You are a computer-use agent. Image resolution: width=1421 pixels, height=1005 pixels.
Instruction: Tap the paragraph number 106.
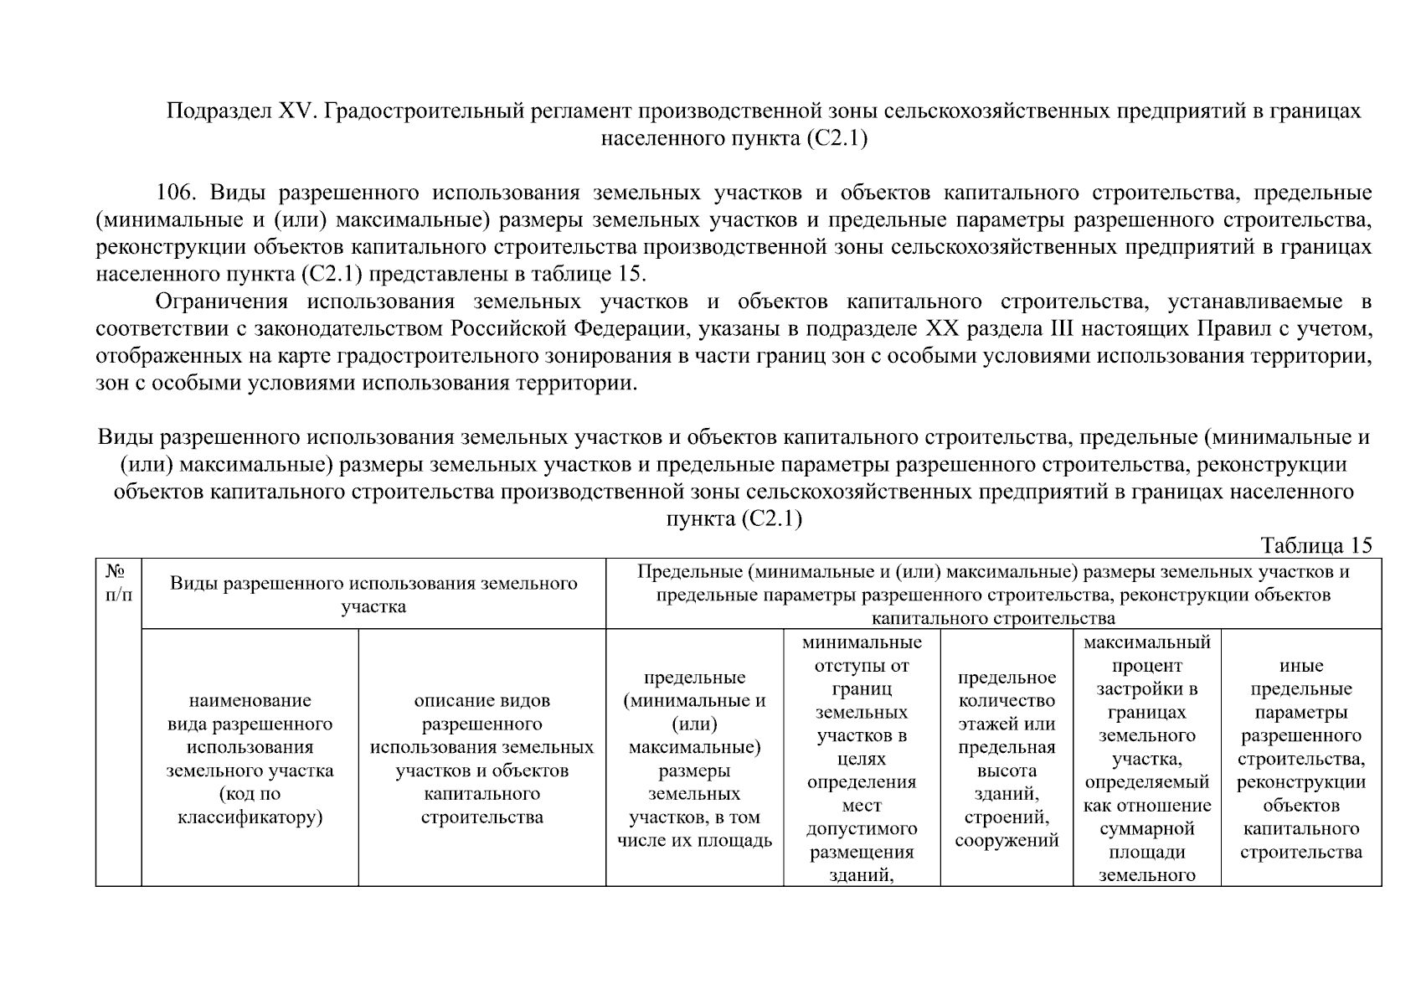point(177,193)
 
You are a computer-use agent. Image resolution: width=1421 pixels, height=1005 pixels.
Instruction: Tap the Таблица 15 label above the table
point(1316,545)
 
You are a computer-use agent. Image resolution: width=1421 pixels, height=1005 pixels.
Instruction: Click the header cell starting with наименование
point(250,758)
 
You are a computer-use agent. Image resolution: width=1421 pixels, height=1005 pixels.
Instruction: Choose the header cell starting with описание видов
point(481,758)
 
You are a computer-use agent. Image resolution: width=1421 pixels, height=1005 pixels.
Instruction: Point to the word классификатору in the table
point(250,817)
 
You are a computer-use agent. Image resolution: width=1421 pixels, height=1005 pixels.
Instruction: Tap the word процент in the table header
point(1146,666)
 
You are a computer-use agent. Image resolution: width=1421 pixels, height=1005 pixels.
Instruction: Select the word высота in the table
point(1006,770)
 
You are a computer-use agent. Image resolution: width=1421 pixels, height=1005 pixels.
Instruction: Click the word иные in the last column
point(1300,666)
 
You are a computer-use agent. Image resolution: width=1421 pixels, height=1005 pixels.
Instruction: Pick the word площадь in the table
point(738,840)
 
